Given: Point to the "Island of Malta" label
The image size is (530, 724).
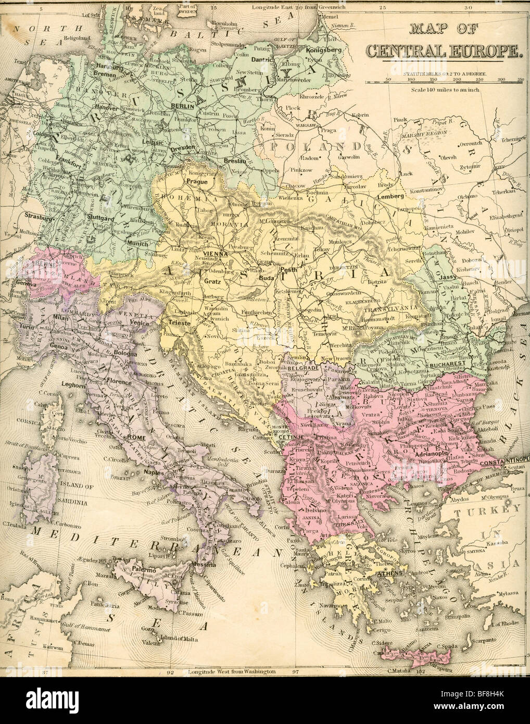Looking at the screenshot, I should [170, 638].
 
